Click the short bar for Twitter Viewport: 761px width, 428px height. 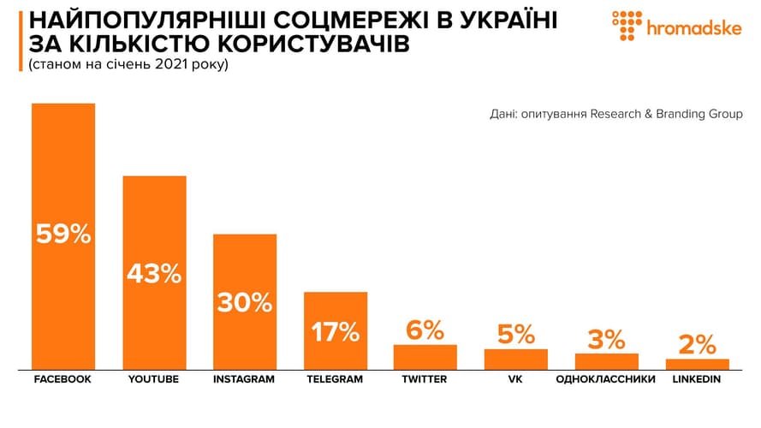425,356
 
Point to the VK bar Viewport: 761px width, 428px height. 515,359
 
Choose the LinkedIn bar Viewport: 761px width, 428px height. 697,363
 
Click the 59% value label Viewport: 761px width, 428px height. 63,234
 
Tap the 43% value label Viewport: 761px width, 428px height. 154,274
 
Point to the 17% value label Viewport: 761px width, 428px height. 336,331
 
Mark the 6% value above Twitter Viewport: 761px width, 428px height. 425,330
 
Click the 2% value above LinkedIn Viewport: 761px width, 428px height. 697,344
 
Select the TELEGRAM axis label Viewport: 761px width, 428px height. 336,379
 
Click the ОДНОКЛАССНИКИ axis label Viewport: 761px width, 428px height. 606,379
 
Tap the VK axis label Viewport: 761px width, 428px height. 515,379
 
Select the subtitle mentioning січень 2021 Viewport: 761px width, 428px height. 128,64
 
